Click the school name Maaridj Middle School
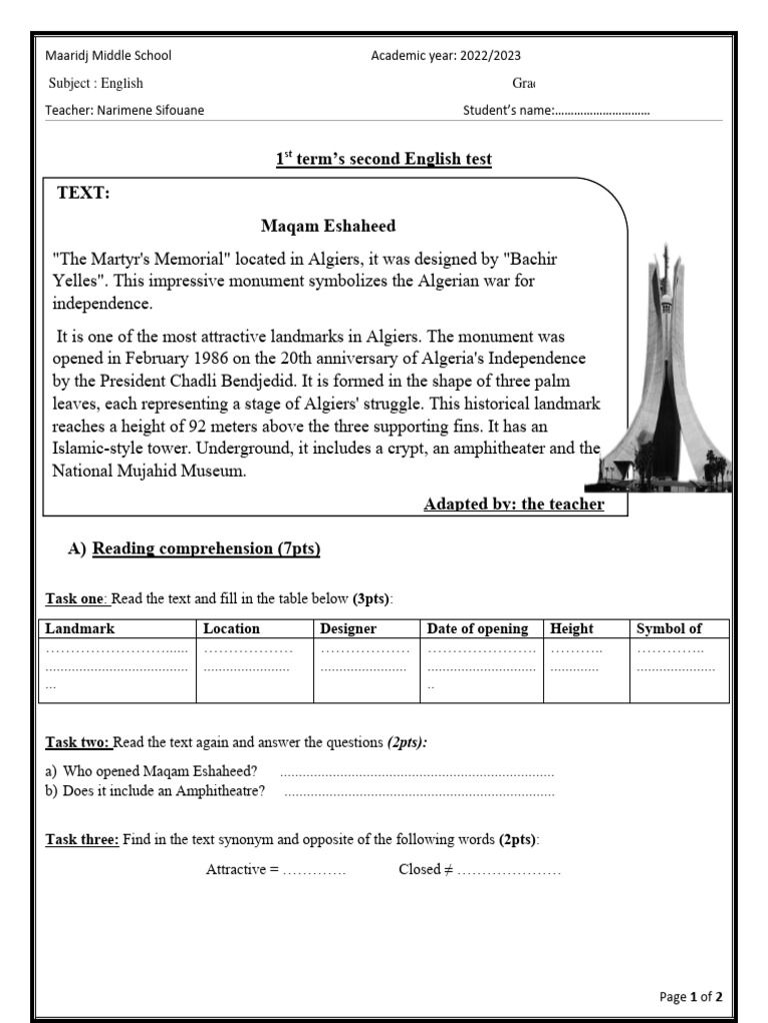pyautogui.click(x=101, y=56)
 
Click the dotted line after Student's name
pyautogui.click(x=603, y=111)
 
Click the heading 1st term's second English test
pyautogui.click(x=384, y=160)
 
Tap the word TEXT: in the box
pyautogui.click(x=83, y=194)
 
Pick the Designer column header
pyautogui.click(x=348, y=629)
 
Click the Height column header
pyautogui.click(x=571, y=629)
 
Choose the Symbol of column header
pyautogui.click(x=669, y=629)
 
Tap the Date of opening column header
pyautogui.click(x=477, y=629)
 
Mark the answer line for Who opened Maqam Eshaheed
pyautogui.click(x=416, y=772)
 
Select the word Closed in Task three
pyautogui.click(x=419, y=870)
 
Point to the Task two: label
pyautogui.click(x=79, y=743)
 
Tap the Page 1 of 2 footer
pyautogui.click(x=691, y=997)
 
